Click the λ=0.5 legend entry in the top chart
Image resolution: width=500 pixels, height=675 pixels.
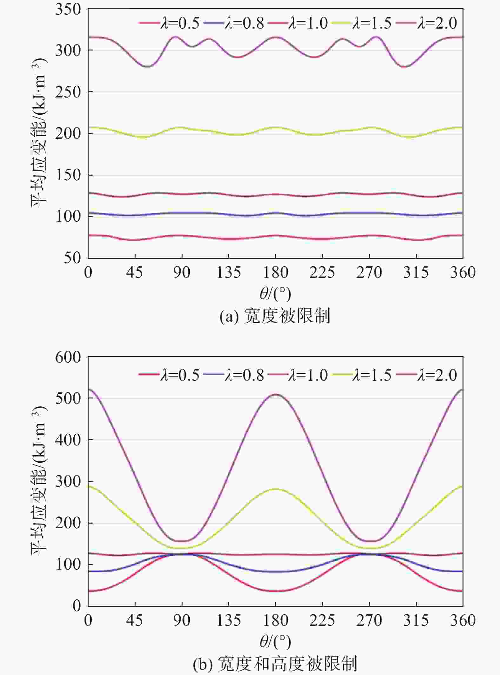(170, 23)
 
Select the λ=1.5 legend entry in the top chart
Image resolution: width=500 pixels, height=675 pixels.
(362, 23)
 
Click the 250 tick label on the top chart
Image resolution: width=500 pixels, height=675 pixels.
(68, 92)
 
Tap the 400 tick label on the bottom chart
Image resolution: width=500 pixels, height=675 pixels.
(68, 440)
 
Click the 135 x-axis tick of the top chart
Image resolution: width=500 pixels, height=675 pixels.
(229, 272)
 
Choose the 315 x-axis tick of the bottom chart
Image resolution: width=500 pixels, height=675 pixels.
(416, 620)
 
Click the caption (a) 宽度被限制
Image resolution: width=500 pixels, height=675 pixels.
(275, 316)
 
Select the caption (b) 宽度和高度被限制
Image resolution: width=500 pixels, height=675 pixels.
(275, 664)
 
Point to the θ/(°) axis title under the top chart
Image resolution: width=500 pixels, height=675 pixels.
(275, 294)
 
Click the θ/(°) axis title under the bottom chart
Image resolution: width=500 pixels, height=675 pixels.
(275, 642)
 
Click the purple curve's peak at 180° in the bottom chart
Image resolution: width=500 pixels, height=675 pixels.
(276, 395)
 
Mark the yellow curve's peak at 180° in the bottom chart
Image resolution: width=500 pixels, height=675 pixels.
(276, 489)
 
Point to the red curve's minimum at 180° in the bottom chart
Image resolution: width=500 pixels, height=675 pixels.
(276, 591)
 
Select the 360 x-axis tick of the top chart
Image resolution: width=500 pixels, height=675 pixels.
(462, 272)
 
